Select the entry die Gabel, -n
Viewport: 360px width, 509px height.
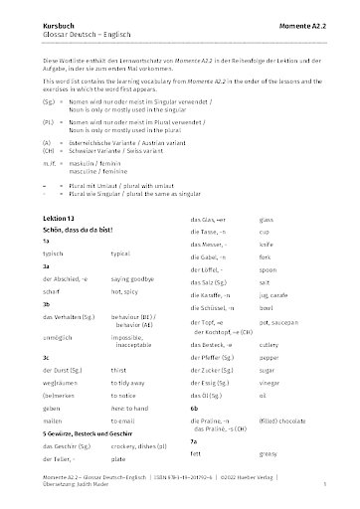pyautogui.click(x=211, y=285)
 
